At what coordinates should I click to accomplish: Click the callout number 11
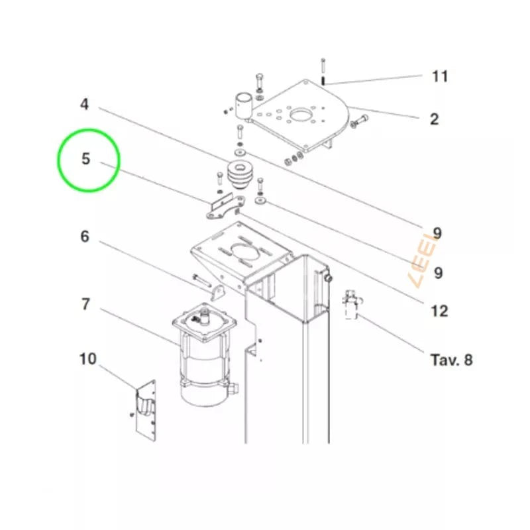click(x=440, y=76)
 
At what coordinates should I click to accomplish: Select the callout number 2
click(x=435, y=119)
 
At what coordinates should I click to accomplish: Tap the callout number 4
click(x=85, y=104)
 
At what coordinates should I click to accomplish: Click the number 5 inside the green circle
click(x=86, y=158)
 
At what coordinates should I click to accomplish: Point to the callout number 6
click(x=85, y=237)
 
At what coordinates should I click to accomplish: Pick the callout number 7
click(x=86, y=304)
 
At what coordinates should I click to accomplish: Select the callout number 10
click(x=88, y=359)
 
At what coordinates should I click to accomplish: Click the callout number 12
click(x=439, y=311)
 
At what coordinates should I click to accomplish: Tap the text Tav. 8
click(x=451, y=360)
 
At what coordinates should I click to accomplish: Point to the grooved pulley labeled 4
click(x=239, y=175)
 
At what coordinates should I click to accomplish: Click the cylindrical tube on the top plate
click(x=244, y=105)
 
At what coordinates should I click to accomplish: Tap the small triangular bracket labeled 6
click(x=218, y=293)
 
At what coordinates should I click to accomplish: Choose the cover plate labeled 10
click(x=146, y=411)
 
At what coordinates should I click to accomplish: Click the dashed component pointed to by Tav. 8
click(x=352, y=304)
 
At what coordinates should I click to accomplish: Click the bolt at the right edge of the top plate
click(x=359, y=122)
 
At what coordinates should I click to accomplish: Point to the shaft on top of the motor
click(x=204, y=317)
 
